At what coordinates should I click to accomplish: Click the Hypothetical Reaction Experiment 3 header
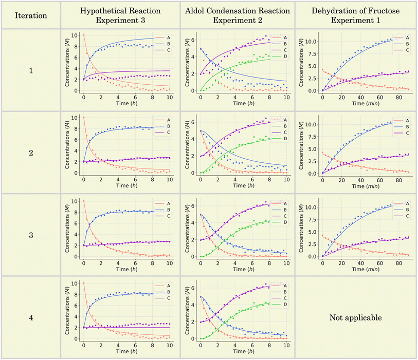pos(120,15)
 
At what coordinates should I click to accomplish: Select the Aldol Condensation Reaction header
pos(237,15)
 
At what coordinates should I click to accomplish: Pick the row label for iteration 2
pos(30,152)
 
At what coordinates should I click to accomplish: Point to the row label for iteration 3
pos(30,235)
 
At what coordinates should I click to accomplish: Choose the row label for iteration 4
pos(30,317)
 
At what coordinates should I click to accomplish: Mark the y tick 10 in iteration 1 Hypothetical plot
pos(77,35)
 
